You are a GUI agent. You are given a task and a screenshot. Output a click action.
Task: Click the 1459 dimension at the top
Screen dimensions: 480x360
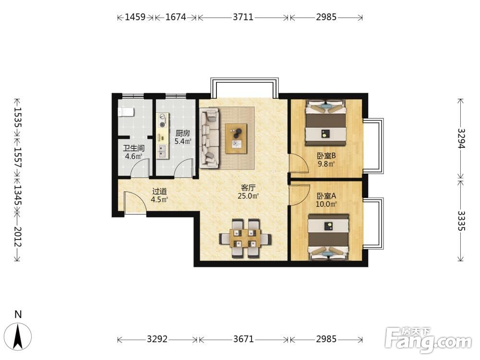click(135, 17)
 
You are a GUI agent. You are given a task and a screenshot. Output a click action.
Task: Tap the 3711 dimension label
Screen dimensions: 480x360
click(243, 17)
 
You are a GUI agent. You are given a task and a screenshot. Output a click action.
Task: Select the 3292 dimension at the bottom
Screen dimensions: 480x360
click(157, 339)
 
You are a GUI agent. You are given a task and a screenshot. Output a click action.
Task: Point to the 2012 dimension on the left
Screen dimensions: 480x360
click(17, 237)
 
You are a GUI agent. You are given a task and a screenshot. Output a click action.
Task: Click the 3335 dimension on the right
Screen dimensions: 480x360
click(461, 221)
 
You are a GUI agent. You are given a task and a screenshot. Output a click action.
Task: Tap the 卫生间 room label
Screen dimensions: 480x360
click(133, 148)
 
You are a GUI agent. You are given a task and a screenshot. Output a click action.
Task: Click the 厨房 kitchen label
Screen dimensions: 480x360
click(183, 133)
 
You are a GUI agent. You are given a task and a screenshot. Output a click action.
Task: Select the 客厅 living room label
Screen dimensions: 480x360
click(248, 188)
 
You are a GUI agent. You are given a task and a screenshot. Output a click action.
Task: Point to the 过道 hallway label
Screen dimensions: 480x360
click(159, 192)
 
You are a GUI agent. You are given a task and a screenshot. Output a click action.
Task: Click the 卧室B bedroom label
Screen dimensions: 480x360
click(326, 156)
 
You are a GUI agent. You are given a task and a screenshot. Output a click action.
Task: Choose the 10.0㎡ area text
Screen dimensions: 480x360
click(326, 204)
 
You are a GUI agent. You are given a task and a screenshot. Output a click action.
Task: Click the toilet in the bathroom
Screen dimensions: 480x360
click(126, 112)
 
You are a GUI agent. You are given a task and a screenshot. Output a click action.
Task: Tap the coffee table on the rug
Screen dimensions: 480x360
click(236, 138)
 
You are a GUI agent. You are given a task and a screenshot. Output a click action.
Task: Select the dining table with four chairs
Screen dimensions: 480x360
click(245, 238)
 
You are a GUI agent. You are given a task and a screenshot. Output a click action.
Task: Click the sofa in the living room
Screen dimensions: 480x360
click(209, 139)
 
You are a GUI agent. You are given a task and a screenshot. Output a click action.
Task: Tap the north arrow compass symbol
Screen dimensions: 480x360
click(19, 336)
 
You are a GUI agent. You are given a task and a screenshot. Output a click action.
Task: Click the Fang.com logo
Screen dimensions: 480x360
click(429, 340)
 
